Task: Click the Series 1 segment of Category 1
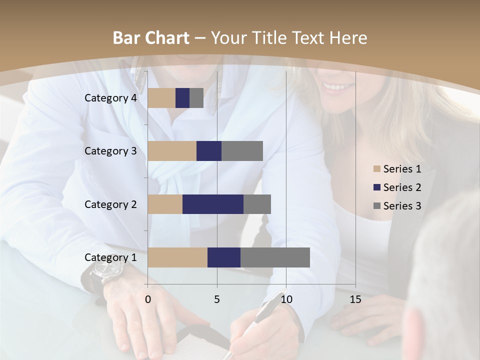pos(177,257)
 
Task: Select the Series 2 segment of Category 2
pos(213,204)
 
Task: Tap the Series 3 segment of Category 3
pos(242,151)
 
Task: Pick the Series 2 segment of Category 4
pos(182,98)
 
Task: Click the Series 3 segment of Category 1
pos(275,257)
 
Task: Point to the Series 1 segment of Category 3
pos(172,151)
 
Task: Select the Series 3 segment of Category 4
pos(196,98)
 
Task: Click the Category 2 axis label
pos(110,204)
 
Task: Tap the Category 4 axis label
pos(110,98)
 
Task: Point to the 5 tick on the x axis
pos(217,299)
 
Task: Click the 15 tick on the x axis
pos(355,299)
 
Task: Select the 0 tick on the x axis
pos(148,299)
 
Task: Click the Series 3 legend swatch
pos(376,206)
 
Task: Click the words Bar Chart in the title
pos(150,38)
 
